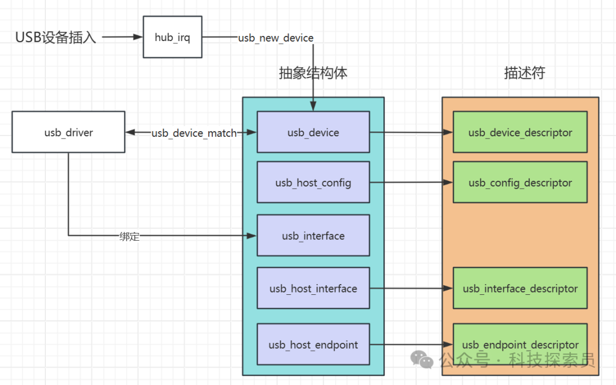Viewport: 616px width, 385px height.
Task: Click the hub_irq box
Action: click(x=172, y=38)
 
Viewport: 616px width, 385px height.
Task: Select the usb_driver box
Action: click(x=68, y=132)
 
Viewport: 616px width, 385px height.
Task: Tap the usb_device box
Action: click(x=313, y=132)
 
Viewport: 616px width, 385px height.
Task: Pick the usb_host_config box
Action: click(x=313, y=183)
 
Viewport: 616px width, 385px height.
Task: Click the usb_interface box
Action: click(x=313, y=236)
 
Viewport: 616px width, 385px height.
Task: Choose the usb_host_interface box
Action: click(x=313, y=289)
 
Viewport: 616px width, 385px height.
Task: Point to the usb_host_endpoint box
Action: click(x=313, y=345)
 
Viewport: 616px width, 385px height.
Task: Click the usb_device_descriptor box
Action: click(x=520, y=132)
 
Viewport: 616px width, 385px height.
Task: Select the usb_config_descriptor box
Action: click(x=520, y=183)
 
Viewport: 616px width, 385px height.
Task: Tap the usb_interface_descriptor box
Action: click(x=520, y=289)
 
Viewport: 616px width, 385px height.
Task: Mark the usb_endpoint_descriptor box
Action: click(x=520, y=345)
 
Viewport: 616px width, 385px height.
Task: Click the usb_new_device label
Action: click(x=276, y=38)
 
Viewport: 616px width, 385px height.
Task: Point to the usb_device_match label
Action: click(x=194, y=133)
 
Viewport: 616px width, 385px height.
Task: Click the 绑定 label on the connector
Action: click(x=129, y=236)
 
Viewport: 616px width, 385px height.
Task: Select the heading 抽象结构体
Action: click(x=313, y=73)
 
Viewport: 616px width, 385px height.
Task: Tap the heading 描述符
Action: click(x=524, y=73)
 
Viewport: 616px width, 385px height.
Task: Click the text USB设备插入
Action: click(x=56, y=38)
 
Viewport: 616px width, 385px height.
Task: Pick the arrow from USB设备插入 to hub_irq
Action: click(x=122, y=38)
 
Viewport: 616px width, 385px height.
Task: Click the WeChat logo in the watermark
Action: click(x=423, y=359)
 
